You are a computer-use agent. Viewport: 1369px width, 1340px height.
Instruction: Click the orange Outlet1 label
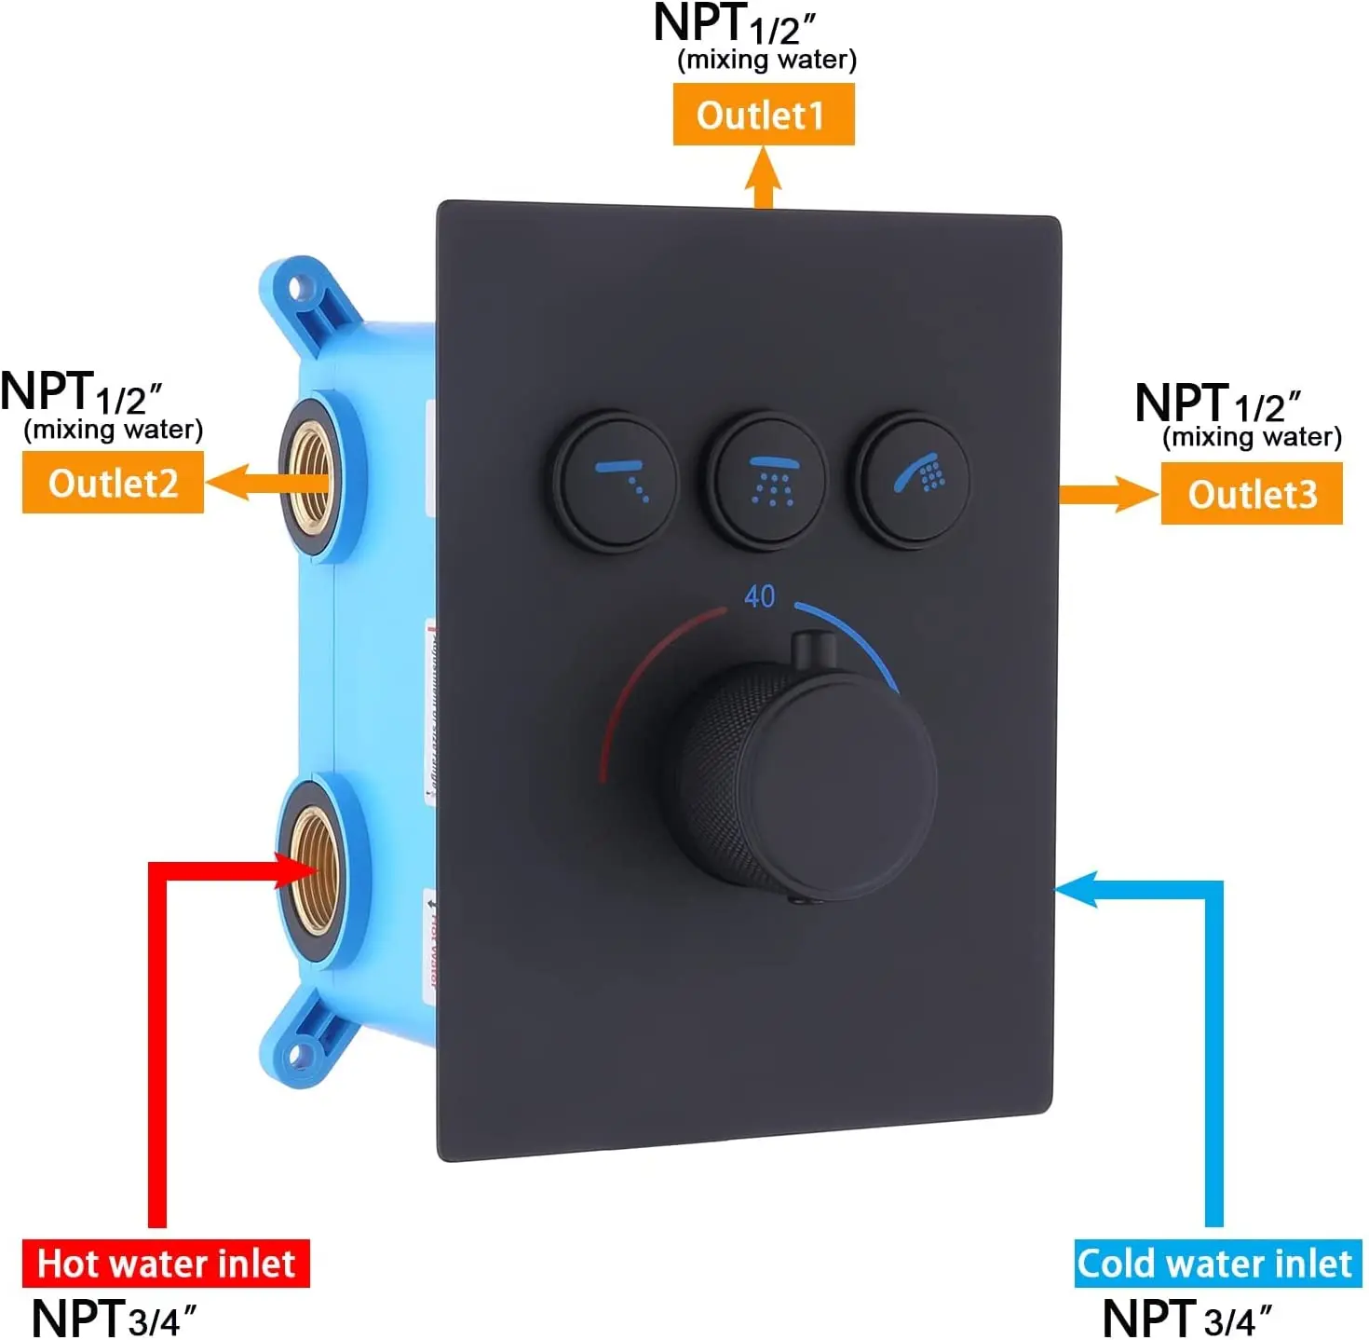pos(763,115)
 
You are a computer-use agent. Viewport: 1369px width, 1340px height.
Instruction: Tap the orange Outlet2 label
pos(113,483)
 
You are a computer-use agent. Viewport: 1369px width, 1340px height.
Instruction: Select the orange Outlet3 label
pos(1251,494)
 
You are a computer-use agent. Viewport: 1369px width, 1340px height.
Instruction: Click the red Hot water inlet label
pos(166,1264)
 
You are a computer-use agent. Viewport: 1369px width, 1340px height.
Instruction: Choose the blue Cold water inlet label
pos(1215,1264)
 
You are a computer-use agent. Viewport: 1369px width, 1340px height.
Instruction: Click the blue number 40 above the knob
pos(759,596)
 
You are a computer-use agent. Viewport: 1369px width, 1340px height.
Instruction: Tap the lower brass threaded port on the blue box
pos(312,870)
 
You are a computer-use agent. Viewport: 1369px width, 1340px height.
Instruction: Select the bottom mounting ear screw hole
pos(300,1055)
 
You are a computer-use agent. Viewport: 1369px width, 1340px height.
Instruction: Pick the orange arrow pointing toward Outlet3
pos(1108,494)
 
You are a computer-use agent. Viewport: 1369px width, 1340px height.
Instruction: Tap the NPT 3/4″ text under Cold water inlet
pos(1186,1319)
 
